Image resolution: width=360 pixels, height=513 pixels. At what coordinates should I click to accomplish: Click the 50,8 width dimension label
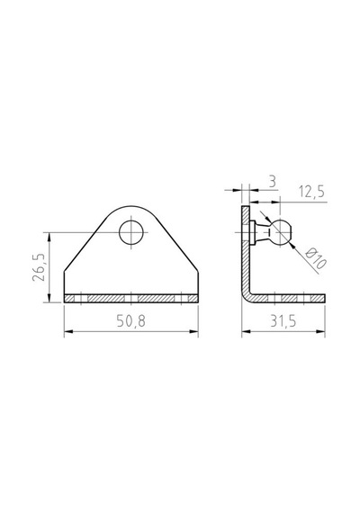point(130,321)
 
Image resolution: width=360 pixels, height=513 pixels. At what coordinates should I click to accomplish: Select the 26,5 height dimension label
point(39,267)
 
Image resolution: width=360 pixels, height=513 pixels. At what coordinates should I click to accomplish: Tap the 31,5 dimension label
point(283,321)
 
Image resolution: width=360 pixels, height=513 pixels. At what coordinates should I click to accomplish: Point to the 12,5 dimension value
point(311,192)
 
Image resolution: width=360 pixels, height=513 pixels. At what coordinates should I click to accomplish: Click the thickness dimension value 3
point(273,181)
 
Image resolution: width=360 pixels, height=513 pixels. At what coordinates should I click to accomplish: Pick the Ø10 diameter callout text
point(316,258)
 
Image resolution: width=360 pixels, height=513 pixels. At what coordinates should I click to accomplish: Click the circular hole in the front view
point(131,232)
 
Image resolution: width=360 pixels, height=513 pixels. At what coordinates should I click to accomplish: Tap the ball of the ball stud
point(280,232)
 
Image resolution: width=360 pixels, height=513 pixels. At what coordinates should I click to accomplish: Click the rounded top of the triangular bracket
point(131,207)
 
